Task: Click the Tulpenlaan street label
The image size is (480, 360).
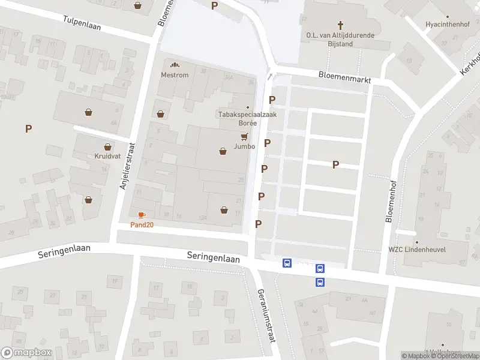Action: pyautogui.click(x=82, y=23)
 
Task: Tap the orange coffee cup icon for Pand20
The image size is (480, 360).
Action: pyautogui.click(x=142, y=215)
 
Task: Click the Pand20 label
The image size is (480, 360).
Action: pyautogui.click(x=142, y=225)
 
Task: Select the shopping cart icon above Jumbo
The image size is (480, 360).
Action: pyautogui.click(x=244, y=137)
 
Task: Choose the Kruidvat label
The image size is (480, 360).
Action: pyautogui.click(x=107, y=156)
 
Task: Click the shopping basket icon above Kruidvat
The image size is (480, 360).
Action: pyautogui.click(x=108, y=146)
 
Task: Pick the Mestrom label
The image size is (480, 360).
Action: pyautogui.click(x=175, y=75)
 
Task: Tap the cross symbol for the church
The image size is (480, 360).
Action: pyautogui.click(x=341, y=25)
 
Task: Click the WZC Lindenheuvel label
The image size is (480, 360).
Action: pyautogui.click(x=420, y=249)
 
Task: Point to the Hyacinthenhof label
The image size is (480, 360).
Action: pyautogui.click(x=445, y=25)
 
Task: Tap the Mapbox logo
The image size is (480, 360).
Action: pyautogui.click(x=26, y=353)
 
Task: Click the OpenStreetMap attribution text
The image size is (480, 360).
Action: pyautogui.click(x=455, y=356)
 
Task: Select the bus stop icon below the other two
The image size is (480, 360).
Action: pyautogui.click(x=320, y=282)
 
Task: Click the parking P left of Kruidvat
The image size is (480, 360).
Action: pyautogui.click(x=28, y=128)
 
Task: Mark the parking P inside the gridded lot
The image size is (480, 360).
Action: pyautogui.click(x=335, y=164)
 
